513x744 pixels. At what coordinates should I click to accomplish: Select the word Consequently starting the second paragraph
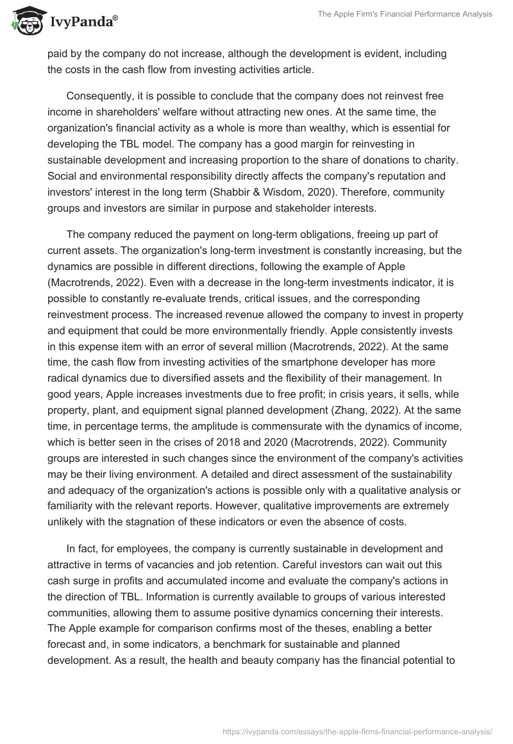click(99, 96)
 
